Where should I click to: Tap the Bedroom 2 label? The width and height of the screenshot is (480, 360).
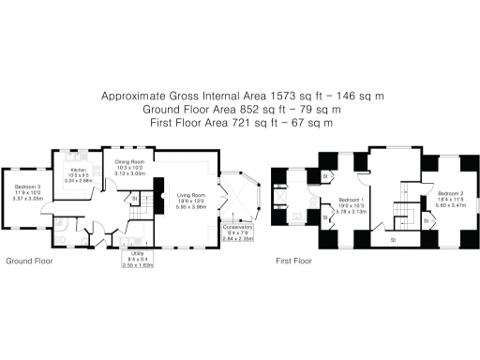pyautogui.click(x=450, y=195)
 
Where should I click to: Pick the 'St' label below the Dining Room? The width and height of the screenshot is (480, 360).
pyautogui.click(x=135, y=199)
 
